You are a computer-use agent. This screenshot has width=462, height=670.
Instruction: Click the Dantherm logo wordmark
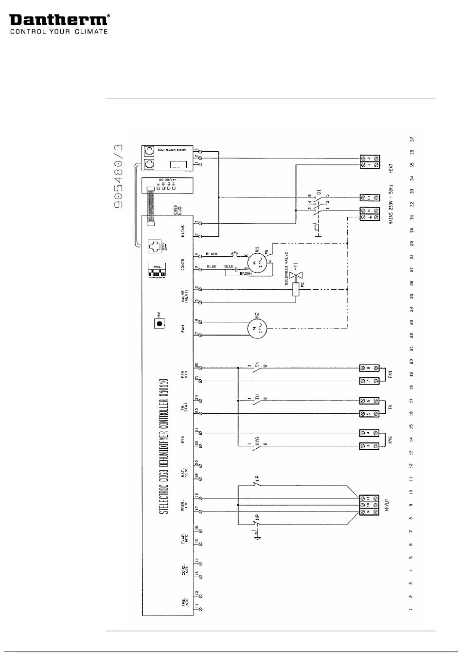pyautogui.click(x=58, y=19)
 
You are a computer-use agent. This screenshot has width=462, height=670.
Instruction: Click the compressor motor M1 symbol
pyautogui.click(x=259, y=263)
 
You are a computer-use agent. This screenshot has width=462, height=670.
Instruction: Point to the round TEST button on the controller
pyautogui.click(x=159, y=323)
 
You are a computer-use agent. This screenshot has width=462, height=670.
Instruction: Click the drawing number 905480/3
pyautogui.click(x=119, y=176)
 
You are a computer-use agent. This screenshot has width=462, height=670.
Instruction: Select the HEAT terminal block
pyautogui.click(x=370, y=162)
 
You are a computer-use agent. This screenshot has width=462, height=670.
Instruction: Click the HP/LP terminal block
pyautogui.click(x=369, y=505)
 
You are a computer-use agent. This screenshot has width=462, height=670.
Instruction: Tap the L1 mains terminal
pyautogui.click(x=370, y=197)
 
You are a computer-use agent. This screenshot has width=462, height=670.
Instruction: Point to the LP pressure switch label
pyautogui.click(x=258, y=478)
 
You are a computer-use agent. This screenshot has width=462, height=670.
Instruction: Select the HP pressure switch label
pyautogui.click(x=258, y=518)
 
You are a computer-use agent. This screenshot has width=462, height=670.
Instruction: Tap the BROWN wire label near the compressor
pyautogui.click(x=246, y=274)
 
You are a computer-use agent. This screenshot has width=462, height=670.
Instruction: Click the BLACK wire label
pyautogui.click(x=212, y=254)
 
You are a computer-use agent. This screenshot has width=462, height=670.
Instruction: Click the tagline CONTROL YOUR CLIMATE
pyautogui.click(x=59, y=32)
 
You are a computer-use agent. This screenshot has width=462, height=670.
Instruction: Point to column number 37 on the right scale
pyautogui.click(x=411, y=139)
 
